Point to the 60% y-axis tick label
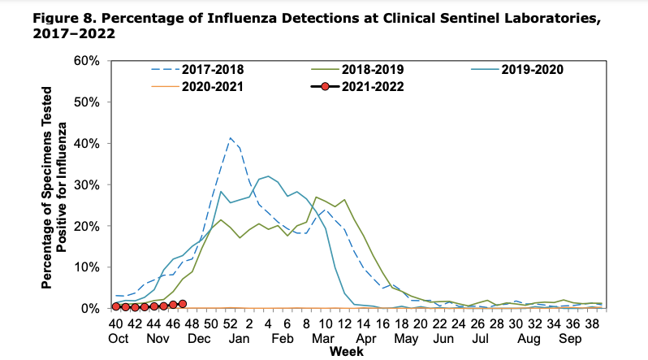(86, 61)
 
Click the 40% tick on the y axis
(86, 144)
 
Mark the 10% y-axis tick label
(86, 267)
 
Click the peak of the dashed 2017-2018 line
(231, 138)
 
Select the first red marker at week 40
(116, 306)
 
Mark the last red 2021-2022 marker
(183, 304)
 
